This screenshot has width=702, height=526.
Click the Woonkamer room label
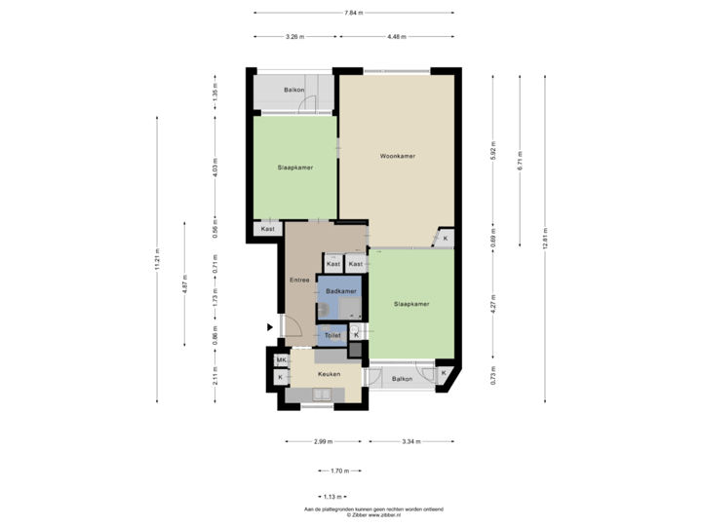396,156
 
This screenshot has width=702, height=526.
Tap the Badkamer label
341,291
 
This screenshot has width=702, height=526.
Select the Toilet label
332,335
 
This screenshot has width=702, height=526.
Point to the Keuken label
328,374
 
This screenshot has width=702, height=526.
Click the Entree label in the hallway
299,281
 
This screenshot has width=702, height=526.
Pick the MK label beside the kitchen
281,360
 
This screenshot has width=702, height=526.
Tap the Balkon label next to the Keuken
401,378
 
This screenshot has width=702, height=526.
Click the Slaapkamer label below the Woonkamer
411,304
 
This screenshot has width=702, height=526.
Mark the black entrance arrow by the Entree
270,328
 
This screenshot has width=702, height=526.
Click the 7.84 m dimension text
354,13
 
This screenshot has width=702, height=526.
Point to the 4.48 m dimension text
396,37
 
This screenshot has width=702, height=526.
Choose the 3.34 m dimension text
411,442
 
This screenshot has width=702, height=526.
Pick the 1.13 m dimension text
332,496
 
